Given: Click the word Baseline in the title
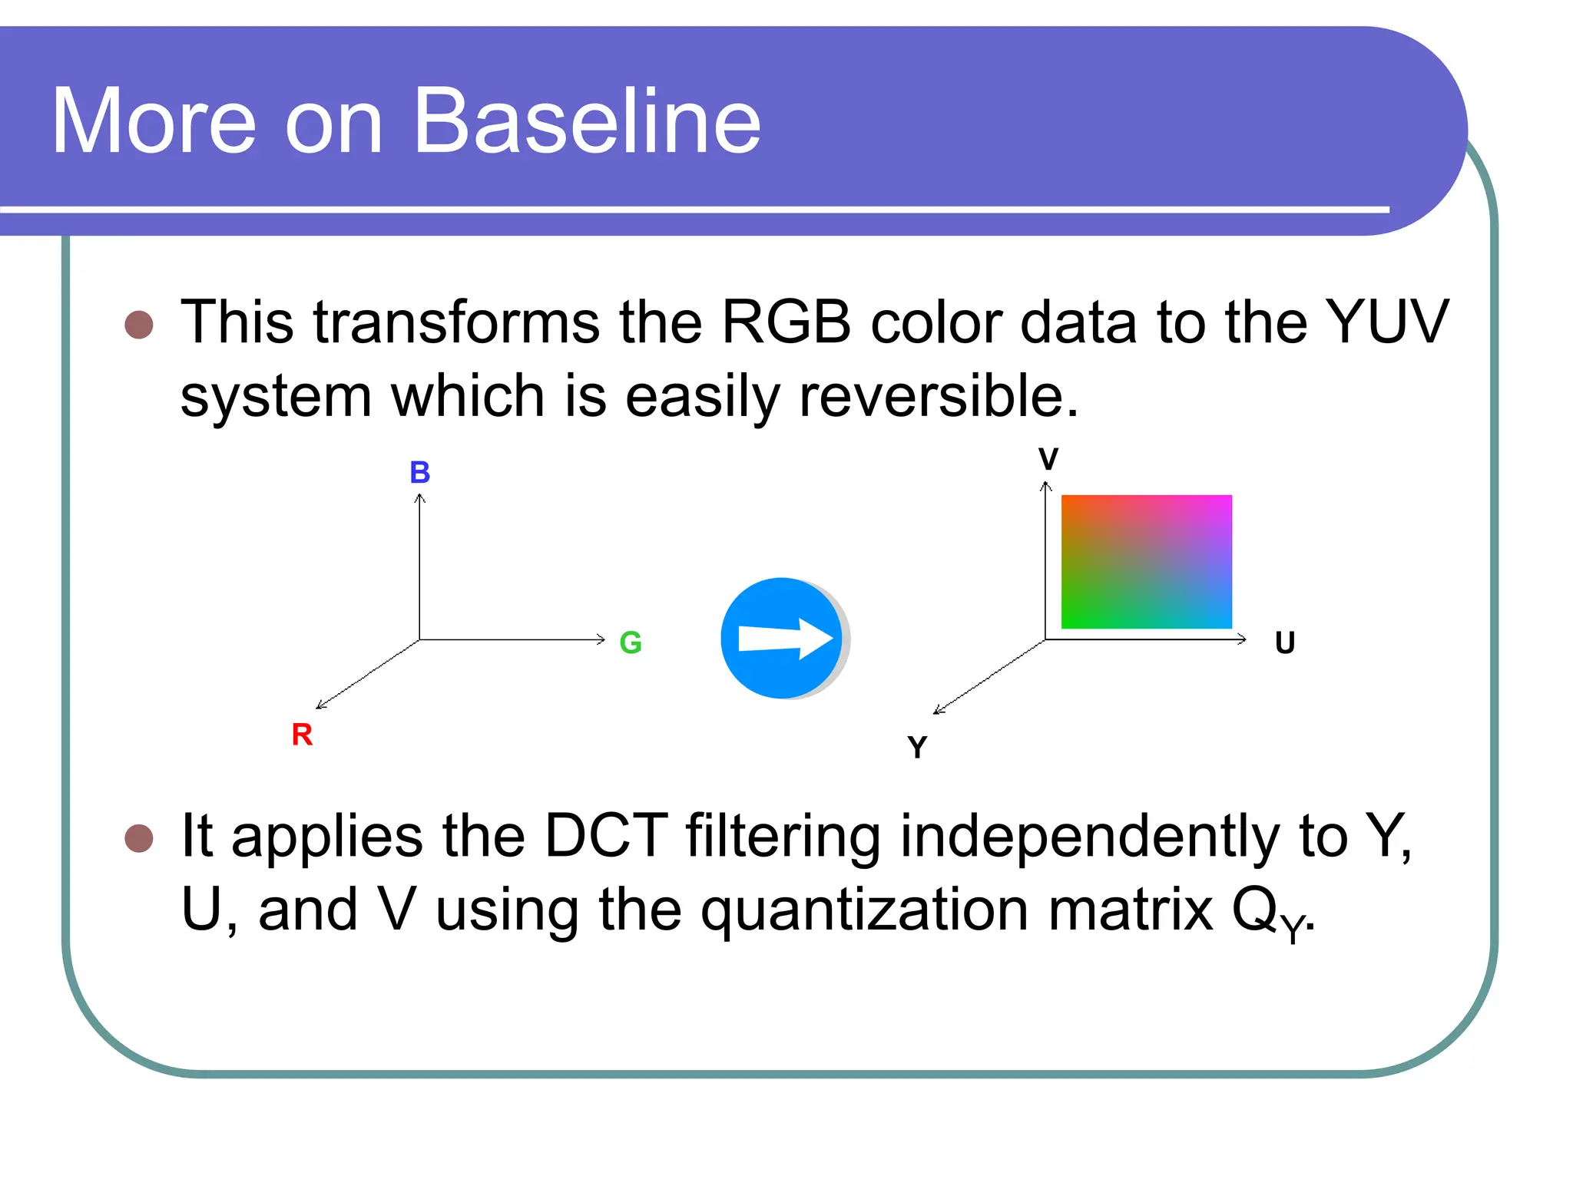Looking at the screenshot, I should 588,121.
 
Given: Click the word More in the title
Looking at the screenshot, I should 154,121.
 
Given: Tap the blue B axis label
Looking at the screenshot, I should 419,472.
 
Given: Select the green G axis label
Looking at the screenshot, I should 631,642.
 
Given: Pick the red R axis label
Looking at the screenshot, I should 302,735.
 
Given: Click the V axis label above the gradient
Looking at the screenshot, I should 1048,459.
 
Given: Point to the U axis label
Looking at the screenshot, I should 1285,642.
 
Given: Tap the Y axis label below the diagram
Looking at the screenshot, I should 917,747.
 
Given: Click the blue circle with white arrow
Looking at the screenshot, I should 783,639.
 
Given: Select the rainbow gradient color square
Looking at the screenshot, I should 1146,562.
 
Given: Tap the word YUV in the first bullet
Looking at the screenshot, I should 1386,322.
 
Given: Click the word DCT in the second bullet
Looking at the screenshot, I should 606,835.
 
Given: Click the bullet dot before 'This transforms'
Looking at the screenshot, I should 139,325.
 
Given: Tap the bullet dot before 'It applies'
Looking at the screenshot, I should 139,839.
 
